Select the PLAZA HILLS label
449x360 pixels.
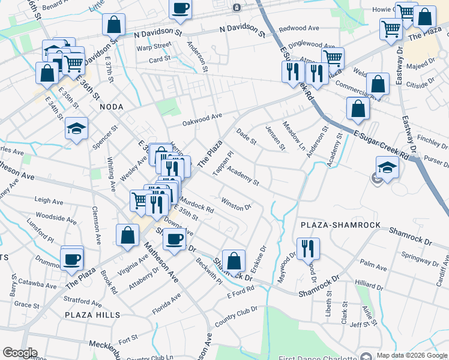(92, 314)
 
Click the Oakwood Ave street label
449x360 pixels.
(202, 119)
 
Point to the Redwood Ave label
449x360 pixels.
(299, 28)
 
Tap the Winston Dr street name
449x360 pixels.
(235, 204)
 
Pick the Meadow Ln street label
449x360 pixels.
(294, 141)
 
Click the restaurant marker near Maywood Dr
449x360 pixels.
(308, 247)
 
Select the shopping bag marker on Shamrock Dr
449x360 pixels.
(234, 260)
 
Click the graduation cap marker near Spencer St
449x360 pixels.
(76, 129)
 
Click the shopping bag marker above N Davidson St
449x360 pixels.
(113, 24)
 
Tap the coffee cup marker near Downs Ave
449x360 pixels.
(174, 238)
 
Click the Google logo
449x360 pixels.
(19, 353)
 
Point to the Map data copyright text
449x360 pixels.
(412, 355)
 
